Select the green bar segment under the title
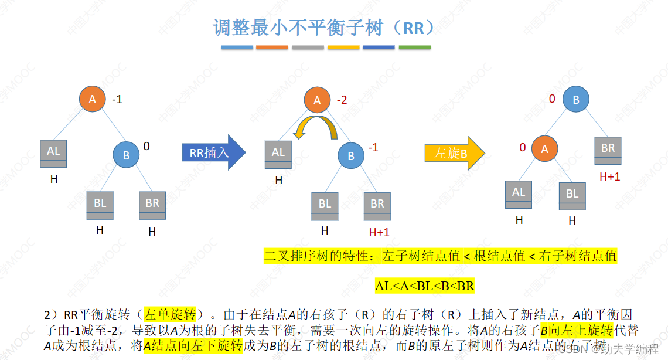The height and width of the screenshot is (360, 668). pos(414,47)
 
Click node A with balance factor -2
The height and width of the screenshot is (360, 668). pos(317,100)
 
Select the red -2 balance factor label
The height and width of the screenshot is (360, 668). pos(342,100)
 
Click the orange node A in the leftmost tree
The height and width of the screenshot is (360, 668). pos(92,99)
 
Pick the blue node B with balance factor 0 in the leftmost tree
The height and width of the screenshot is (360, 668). pos(126,155)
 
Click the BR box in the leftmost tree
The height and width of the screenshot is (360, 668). pos(152,205)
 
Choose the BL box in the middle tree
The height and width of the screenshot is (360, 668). pos(325,206)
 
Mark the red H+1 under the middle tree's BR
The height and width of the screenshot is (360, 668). pos(379,232)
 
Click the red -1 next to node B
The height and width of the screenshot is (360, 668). pos(372,148)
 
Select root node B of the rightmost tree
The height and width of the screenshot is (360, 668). pos(576,100)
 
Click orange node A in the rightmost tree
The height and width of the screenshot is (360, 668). pos(544,149)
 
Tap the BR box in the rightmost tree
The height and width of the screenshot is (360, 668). pos(608,150)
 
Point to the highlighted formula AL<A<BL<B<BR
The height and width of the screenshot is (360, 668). pos(424,287)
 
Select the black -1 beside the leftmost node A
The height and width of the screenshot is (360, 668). pos(117,100)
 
